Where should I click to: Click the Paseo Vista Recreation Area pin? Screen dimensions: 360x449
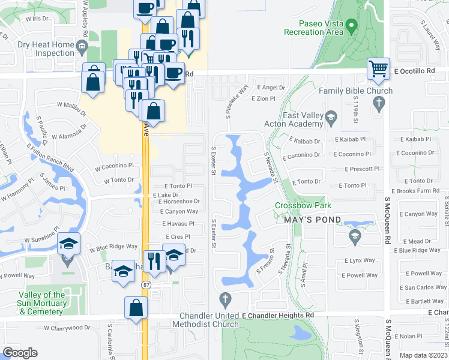(x=352, y=26)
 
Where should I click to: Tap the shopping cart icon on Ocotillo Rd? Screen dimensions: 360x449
(x=378, y=69)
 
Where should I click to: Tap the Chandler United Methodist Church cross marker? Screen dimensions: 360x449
(x=226, y=298)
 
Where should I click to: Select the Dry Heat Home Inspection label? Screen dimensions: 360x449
(x=37, y=48)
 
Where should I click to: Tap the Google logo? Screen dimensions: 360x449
(x=20, y=353)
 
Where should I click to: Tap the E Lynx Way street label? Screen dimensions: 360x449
(x=360, y=260)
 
